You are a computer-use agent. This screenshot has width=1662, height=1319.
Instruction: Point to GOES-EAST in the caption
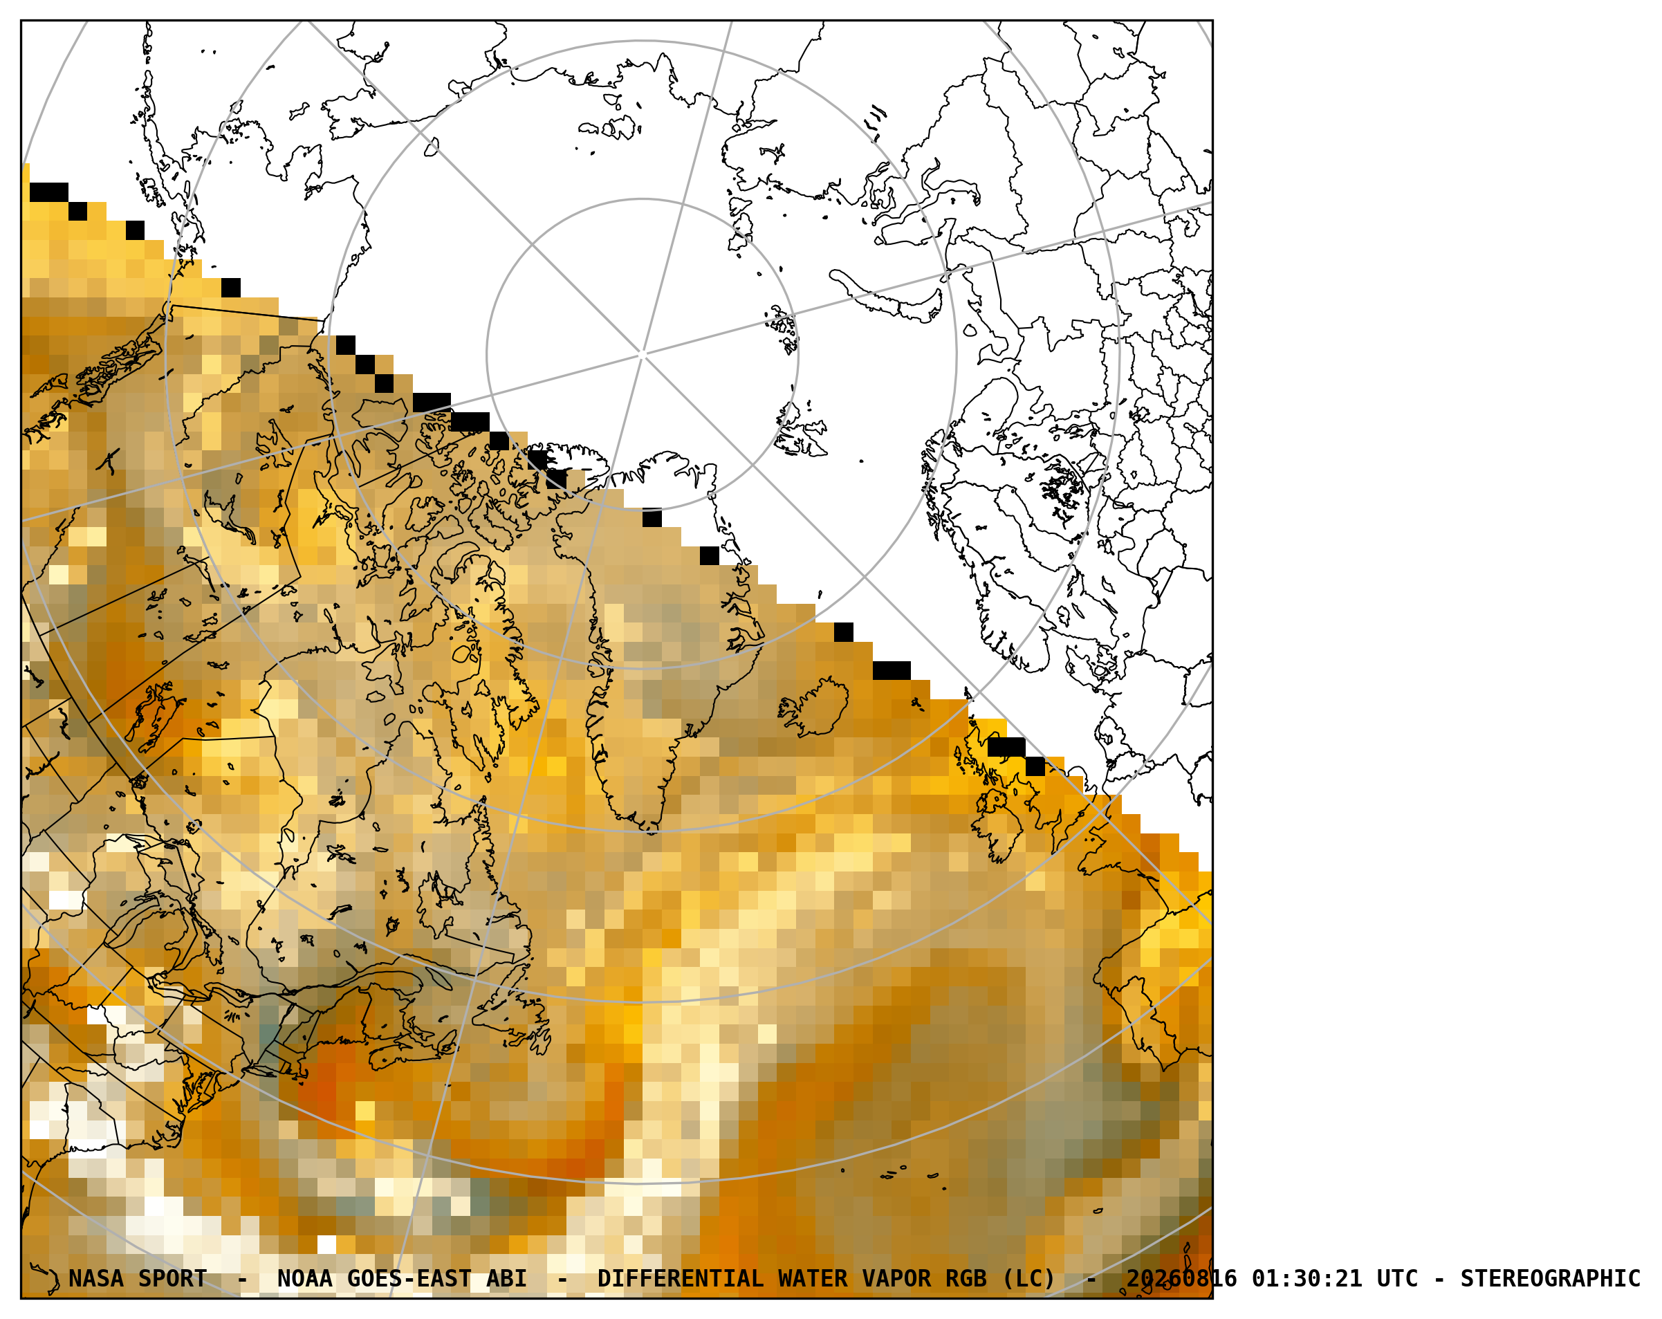[409, 1279]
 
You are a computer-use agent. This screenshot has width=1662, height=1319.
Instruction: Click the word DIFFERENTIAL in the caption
[680, 1279]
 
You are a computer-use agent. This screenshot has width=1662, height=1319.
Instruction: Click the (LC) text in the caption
[1028, 1279]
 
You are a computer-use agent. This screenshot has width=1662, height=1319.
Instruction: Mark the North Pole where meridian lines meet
[642, 355]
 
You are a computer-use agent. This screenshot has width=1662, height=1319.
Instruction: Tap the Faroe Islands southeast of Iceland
[916, 703]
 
